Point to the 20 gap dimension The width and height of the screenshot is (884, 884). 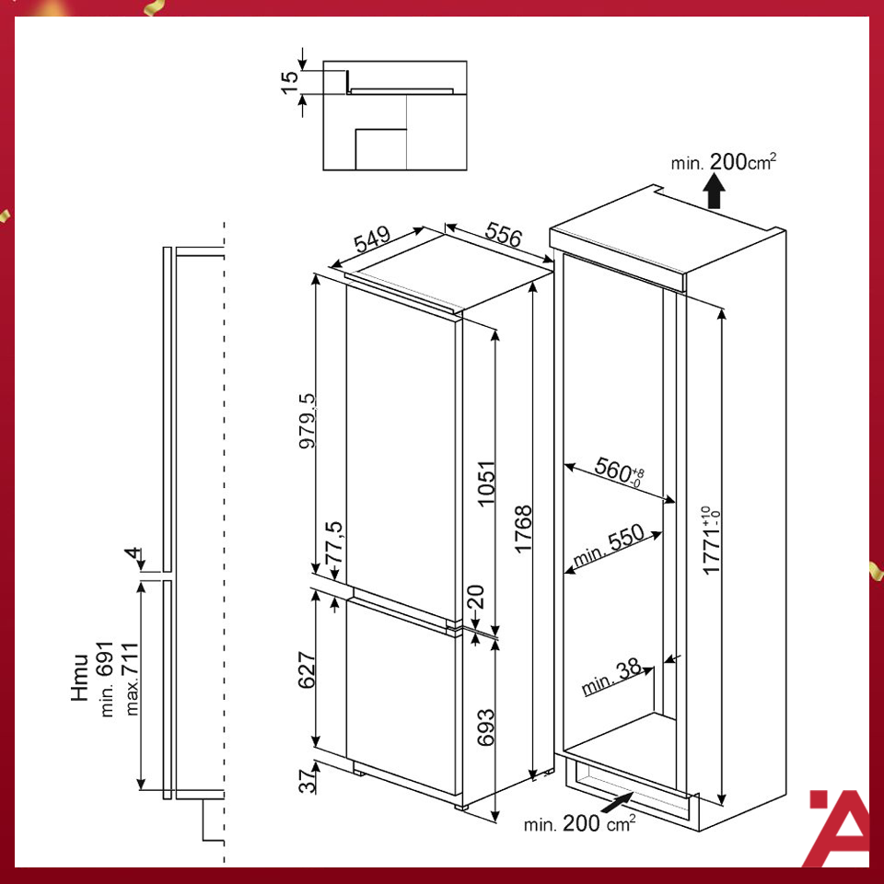click(477, 599)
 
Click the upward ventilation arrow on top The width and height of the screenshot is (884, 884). click(713, 194)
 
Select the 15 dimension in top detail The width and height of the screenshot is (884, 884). click(292, 79)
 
